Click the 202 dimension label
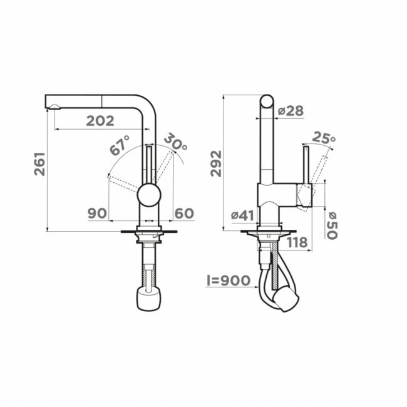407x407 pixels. pyautogui.click(x=100, y=121)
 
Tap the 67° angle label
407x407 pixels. pyautogui.click(x=120, y=145)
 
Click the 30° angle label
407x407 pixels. pyautogui.click(x=175, y=142)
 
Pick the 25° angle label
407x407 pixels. pyautogui.click(x=324, y=138)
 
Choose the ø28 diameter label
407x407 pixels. pyautogui.click(x=291, y=111)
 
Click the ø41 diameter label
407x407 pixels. pyautogui.click(x=242, y=215)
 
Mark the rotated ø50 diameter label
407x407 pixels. pyautogui.click(x=332, y=225)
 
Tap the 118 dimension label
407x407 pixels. pyautogui.click(x=297, y=242)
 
